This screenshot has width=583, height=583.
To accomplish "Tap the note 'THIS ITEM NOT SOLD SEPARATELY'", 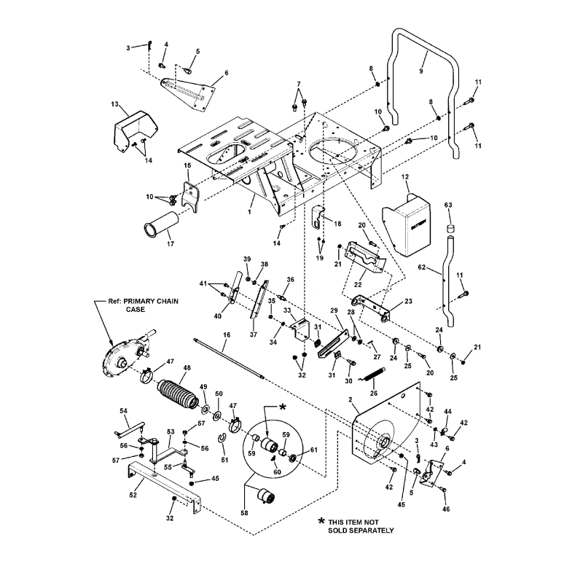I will tap(357, 525).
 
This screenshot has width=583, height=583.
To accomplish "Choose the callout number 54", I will tap(124, 412).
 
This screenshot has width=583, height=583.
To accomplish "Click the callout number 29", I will tap(334, 311).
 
